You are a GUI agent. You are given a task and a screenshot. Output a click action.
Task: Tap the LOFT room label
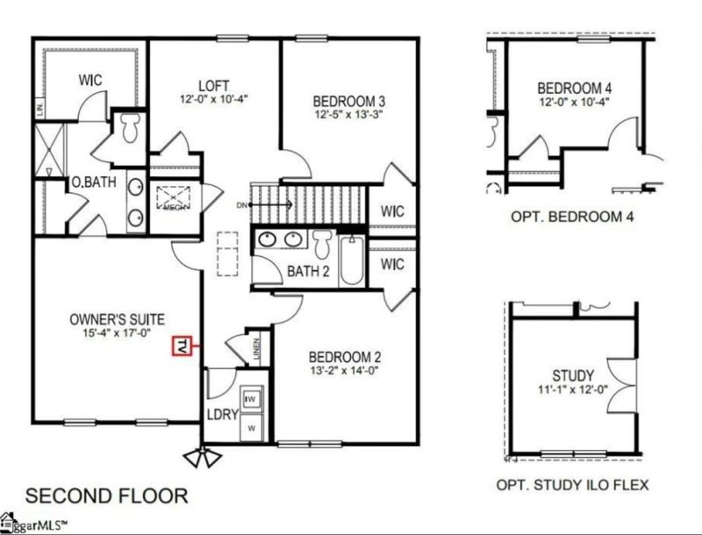213,85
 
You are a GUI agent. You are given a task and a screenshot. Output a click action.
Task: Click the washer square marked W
253,428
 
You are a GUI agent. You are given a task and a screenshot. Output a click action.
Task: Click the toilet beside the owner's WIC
132,126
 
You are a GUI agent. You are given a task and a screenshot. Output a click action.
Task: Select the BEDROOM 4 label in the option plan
575,88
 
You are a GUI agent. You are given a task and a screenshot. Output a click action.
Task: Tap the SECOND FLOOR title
106,495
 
